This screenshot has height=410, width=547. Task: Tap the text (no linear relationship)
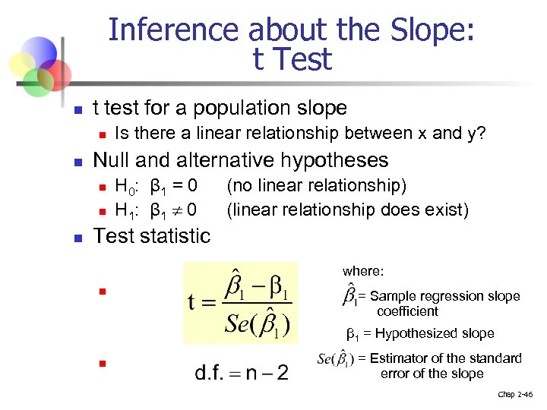(317, 186)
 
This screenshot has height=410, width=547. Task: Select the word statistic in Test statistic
(176, 236)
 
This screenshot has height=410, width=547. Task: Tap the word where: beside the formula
(363, 271)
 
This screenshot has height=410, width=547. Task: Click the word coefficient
(408, 311)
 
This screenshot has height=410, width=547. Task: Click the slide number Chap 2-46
(516, 395)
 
